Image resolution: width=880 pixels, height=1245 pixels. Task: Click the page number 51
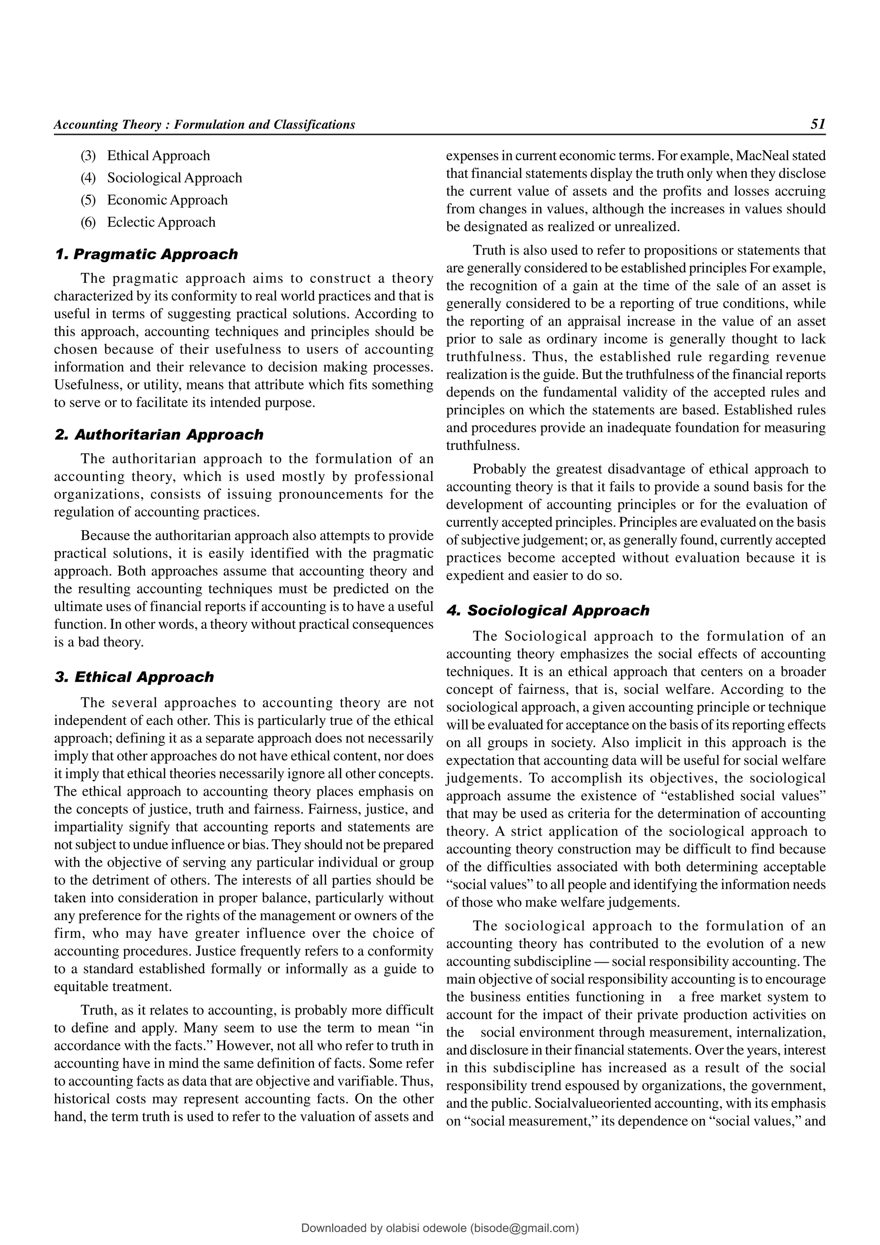click(x=818, y=124)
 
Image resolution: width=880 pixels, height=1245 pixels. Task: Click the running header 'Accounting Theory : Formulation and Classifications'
click(x=205, y=125)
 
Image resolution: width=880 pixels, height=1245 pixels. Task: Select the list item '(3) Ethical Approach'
click(x=145, y=156)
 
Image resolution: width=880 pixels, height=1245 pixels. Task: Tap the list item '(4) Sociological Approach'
click(x=161, y=178)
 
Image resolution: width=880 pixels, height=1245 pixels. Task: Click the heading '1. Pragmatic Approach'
click(x=147, y=254)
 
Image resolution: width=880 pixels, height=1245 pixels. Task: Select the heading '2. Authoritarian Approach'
click(x=159, y=435)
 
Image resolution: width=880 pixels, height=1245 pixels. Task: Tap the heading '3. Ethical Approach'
click(x=134, y=677)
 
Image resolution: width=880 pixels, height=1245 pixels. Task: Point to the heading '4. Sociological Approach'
click(x=547, y=610)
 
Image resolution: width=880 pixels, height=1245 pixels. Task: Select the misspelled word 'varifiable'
click(x=371, y=1081)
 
